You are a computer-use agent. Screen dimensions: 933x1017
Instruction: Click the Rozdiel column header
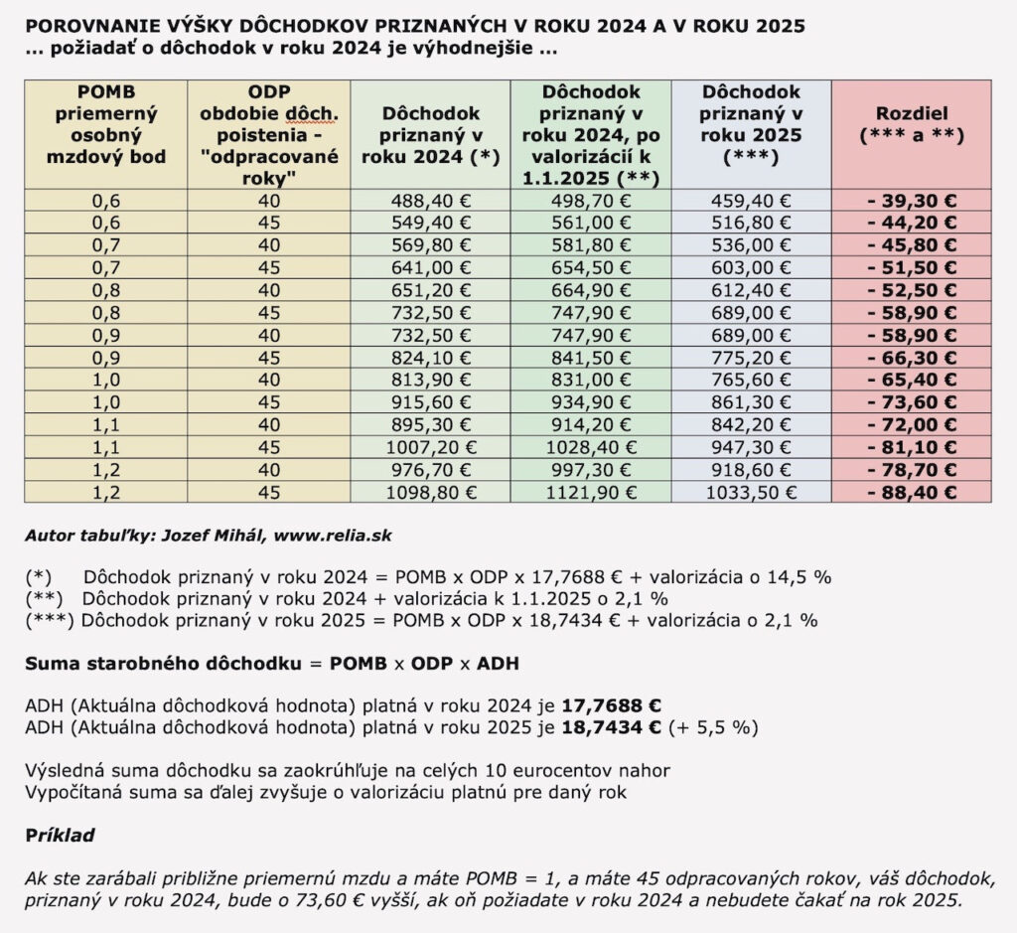pos(912,125)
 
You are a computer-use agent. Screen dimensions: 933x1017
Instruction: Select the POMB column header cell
pos(106,125)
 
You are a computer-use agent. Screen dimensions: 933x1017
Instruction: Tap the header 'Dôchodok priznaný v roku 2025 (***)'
pos(751,125)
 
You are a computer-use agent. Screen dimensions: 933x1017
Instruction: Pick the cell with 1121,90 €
pos(591,492)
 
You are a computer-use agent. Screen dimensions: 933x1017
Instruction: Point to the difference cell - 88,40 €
pos(912,492)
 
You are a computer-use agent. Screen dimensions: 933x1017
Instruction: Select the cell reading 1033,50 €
pos(751,492)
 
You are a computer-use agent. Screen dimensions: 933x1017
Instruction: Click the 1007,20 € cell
pos(430,447)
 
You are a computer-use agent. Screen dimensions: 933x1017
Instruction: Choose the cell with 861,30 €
pos(751,402)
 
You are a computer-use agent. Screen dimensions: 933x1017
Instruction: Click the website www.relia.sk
pos(333,536)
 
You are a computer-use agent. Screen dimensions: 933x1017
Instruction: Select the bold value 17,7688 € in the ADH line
pos(611,705)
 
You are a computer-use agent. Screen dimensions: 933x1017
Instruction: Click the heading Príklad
pos(60,835)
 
